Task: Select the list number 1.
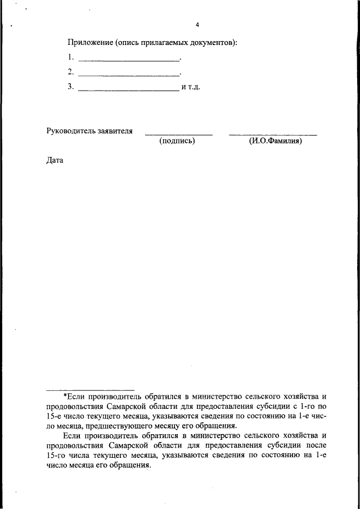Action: pos(70,57)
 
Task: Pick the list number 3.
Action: pos(70,87)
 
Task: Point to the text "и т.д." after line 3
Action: pos(191,88)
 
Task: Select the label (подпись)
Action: pos(177,141)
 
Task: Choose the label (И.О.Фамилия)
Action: pos(275,141)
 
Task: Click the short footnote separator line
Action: pos(90,389)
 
